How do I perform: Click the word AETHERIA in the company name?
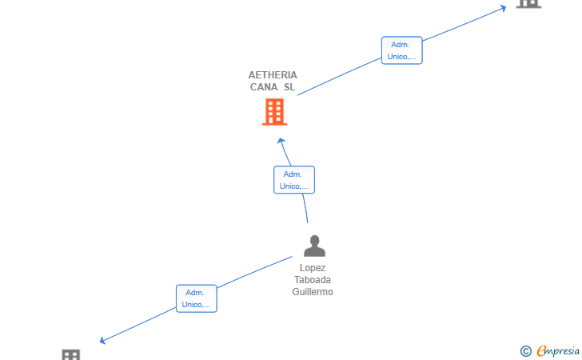point(273,75)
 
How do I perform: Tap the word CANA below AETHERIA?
point(264,87)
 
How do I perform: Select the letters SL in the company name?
point(289,87)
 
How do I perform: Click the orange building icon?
point(275,112)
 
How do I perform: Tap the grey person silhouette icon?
point(314,246)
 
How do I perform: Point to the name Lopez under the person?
point(313,268)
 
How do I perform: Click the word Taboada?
point(313,280)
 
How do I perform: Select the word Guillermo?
point(313,292)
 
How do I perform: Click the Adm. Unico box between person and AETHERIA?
point(294,180)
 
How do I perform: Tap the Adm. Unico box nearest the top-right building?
point(401,50)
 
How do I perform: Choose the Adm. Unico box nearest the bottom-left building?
point(197,298)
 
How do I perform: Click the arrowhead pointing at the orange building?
point(281,141)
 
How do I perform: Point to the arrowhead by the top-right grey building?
point(503,8)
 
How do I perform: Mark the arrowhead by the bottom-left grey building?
point(103,340)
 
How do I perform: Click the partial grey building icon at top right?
point(529,4)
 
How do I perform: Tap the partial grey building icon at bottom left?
point(71,354)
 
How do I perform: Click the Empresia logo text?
point(558,351)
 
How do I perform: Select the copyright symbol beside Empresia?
point(526,351)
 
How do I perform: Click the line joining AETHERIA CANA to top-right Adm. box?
point(339,77)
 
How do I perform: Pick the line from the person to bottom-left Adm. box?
point(254,272)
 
